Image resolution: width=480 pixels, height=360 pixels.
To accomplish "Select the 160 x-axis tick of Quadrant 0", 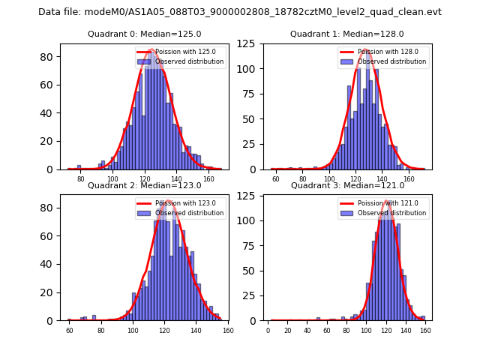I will [208, 179].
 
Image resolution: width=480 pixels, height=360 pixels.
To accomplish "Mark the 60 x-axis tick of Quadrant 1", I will [275, 179].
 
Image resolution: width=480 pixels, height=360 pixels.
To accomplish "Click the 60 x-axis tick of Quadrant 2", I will [69, 331].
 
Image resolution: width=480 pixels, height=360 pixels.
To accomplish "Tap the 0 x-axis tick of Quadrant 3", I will [268, 331].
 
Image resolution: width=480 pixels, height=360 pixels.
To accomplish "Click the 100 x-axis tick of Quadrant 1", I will [328, 179].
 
